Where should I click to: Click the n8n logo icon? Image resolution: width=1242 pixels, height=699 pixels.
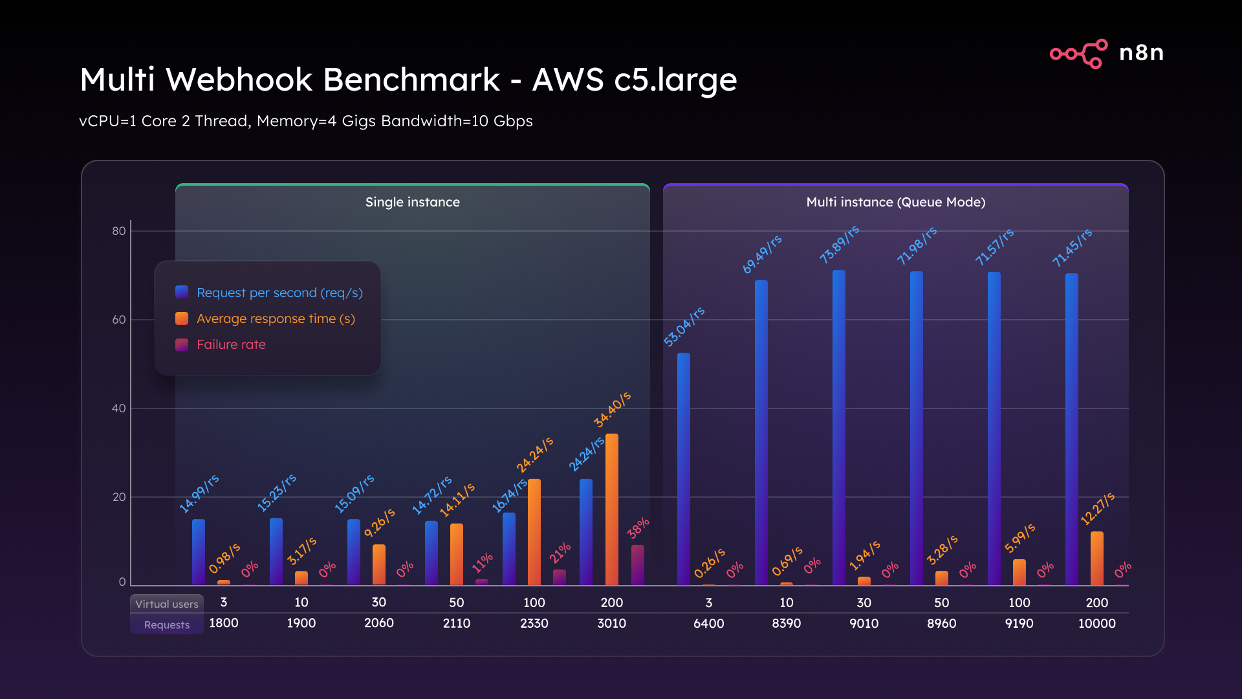[x=1078, y=53]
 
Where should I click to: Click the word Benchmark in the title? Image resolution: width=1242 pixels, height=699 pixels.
[x=411, y=80]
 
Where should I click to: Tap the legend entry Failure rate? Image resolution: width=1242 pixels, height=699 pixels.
[x=231, y=344]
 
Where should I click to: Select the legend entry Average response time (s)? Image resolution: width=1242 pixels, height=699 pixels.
[x=276, y=318]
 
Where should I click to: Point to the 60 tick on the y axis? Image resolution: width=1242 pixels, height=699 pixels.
[x=119, y=320]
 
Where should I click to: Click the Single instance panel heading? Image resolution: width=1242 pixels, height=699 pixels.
[x=412, y=202]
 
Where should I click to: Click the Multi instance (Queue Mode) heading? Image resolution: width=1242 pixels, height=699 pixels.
[x=895, y=202]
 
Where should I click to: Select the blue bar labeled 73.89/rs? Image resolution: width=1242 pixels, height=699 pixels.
[x=838, y=427]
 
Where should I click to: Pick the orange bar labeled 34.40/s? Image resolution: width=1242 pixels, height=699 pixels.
[x=611, y=509]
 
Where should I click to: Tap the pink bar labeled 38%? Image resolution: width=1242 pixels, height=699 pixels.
[x=637, y=565]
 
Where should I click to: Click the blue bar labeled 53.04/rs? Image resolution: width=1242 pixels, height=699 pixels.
[x=683, y=469]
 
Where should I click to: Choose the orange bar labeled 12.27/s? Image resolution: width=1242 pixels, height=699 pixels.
[x=1096, y=559]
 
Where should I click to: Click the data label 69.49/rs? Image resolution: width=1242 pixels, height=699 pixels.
[x=762, y=254]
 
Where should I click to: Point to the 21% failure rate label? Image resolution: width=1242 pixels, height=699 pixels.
[x=560, y=552]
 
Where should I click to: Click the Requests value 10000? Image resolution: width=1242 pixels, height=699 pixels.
[x=1096, y=623]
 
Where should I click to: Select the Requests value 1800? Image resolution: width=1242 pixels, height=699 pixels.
[x=224, y=623]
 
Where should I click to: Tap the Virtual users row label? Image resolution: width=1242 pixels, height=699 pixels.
[x=167, y=604]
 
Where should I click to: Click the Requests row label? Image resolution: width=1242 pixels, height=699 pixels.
[x=167, y=625]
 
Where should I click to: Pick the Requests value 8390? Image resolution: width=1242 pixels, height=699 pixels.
[x=786, y=623]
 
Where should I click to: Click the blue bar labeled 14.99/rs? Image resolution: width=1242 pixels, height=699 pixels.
[x=199, y=552]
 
